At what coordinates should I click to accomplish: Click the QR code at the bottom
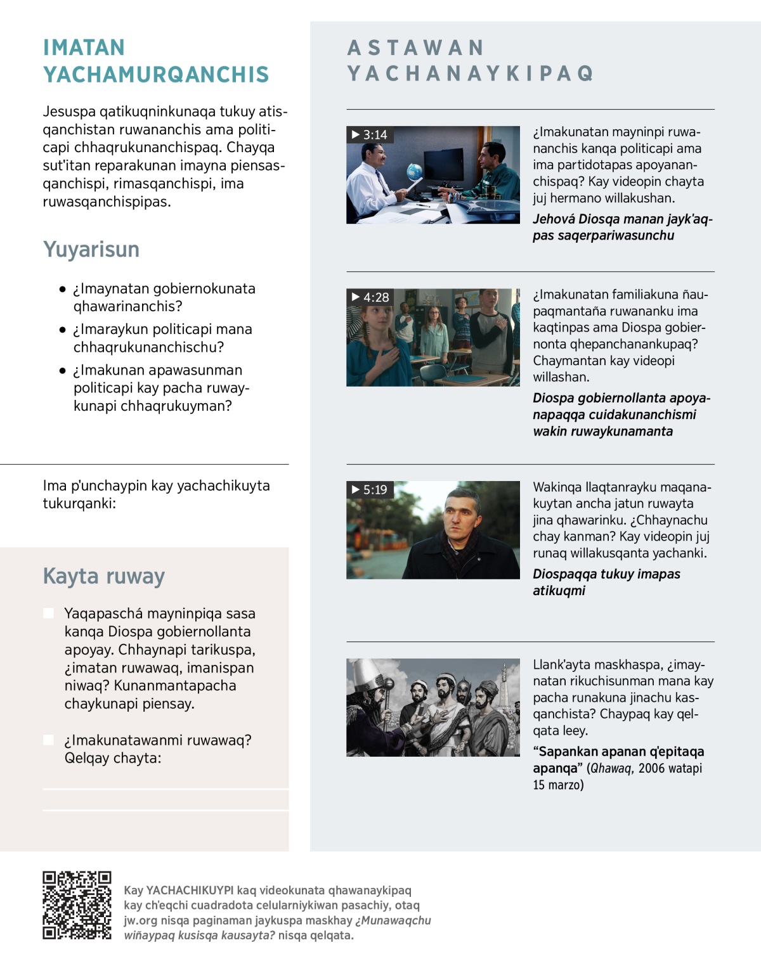pyautogui.click(x=77, y=905)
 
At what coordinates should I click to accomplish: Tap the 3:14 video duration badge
pyautogui.click(x=370, y=135)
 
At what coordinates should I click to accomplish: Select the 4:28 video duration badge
pyautogui.click(x=370, y=297)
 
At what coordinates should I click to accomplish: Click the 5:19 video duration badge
pyautogui.click(x=370, y=490)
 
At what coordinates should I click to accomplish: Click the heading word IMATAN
pyautogui.click(x=84, y=48)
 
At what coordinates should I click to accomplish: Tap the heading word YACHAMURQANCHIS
pyautogui.click(x=156, y=75)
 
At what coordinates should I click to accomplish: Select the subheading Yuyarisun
pyautogui.click(x=91, y=249)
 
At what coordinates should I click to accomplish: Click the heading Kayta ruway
pyautogui.click(x=104, y=576)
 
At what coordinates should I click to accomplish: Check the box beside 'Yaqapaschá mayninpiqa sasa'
pyautogui.click(x=48, y=613)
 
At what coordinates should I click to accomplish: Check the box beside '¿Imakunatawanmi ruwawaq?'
pyautogui.click(x=48, y=740)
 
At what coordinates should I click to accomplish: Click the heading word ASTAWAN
pyautogui.click(x=416, y=48)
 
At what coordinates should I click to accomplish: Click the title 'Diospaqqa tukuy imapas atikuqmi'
pyautogui.click(x=606, y=582)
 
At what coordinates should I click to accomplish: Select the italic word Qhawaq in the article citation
pyautogui.click(x=611, y=768)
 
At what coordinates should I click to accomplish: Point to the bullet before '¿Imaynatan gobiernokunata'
pyautogui.click(x=62, y=289)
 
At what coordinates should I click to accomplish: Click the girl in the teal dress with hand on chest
pyautogui.click(x=379, y=342)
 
